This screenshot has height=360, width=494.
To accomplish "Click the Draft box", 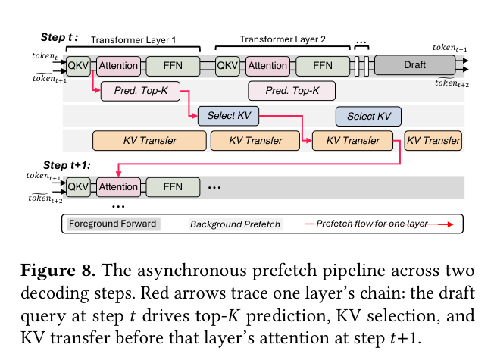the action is coord(414,65).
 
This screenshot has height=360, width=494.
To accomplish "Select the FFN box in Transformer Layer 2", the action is coord(323,66).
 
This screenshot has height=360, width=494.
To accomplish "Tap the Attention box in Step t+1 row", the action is coord(118,187).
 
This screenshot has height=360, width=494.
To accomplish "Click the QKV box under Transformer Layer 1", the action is coord(79,66).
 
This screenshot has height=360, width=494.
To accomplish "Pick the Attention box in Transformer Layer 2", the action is coord(267,66).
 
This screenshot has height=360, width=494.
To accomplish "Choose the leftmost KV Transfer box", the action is coord(150,141).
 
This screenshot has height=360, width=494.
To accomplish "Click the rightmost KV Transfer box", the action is coord(433,141).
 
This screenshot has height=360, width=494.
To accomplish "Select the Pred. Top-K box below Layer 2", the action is coord(292,91).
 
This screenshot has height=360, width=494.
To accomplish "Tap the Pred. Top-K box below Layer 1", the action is coord(140,91).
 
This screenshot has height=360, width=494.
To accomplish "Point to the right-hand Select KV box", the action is coord(369,116).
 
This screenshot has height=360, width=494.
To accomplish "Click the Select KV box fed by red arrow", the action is coord(228,116).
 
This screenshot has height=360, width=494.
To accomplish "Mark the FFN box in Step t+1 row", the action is coord(173,187).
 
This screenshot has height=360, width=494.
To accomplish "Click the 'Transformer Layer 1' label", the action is coord(133,40).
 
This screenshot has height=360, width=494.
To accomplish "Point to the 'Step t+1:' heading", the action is coord(67,165).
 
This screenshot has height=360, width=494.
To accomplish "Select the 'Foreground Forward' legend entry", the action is coord(112,224).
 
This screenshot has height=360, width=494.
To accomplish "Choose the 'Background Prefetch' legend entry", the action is coord(235,224).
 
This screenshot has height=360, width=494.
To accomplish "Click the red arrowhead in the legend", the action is coord(450,224).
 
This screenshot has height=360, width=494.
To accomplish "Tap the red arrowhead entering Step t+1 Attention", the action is coord(118,174).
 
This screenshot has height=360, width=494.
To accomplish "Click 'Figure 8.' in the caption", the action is coord(58,271).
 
